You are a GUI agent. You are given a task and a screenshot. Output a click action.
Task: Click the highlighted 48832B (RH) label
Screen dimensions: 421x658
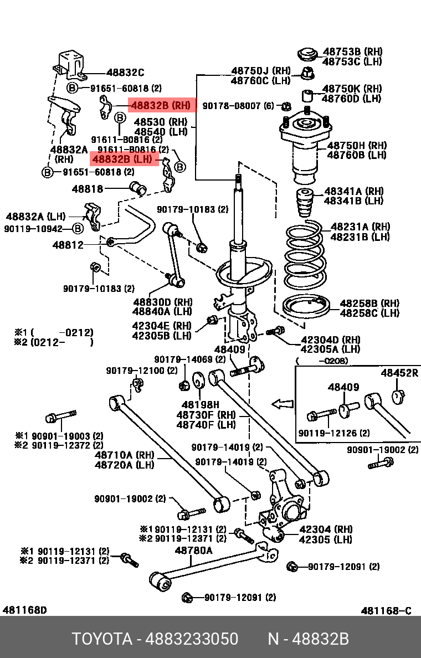(x=162, y=105)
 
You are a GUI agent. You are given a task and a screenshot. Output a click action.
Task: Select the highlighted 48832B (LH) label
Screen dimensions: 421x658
(x=124, y=160)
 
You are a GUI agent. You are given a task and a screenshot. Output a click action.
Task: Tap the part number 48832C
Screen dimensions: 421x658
(x=125, y=73)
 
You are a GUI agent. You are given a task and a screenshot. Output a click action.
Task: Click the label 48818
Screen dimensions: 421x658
(x=88, y=189)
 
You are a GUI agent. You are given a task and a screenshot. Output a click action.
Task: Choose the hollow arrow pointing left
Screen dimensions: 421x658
(x=283, y=404)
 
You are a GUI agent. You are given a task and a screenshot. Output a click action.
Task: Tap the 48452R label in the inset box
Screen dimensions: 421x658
(x=399, y=373)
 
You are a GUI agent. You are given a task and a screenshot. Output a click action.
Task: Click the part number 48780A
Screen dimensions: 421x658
(x=193, y=550)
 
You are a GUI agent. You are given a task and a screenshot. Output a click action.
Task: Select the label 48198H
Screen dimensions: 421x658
(x=200, y=405)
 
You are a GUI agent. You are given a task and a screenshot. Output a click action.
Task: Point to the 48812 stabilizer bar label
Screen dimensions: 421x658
(x=68, y=245)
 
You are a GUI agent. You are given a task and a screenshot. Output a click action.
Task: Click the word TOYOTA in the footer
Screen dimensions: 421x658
(x=102, y=639)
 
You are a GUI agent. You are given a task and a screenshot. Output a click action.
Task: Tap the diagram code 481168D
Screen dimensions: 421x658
(x=25, y=610)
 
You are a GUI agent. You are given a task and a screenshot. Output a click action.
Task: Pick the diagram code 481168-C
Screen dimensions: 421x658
(x=386, y=611)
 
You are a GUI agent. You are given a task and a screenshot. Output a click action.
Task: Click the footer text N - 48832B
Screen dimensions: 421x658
(x=309, y=639)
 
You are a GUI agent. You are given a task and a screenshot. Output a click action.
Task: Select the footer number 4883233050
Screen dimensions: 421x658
(x=192, y=639)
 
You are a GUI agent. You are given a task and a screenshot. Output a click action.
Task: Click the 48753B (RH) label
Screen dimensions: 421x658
(x=352, y=52)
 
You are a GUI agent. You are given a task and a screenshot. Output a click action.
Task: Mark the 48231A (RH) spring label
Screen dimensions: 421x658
(x=361, y=227)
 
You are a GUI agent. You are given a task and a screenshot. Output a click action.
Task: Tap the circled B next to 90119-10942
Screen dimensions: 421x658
(x=78, y=229)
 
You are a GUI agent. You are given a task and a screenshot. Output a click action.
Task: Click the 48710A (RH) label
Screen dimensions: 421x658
(x=125, y=455)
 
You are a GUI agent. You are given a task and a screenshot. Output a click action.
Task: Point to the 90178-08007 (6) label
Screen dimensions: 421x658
(x=238, y=106)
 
